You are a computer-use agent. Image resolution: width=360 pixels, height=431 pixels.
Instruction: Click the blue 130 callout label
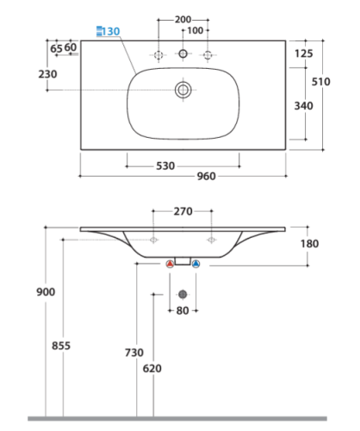coord(111,31)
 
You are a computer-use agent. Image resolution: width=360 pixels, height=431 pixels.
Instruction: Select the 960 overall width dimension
coord(206,176)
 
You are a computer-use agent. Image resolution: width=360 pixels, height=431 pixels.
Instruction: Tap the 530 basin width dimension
coord(165,166)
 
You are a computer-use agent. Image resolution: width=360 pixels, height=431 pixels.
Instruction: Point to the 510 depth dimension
coord(321,82)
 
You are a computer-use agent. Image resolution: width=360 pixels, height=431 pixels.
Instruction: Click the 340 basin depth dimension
coord(303,106)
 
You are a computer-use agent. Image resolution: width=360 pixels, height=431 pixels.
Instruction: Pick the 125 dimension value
coord(304,53)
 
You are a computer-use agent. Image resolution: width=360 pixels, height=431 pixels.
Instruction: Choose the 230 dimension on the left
coord(47,74)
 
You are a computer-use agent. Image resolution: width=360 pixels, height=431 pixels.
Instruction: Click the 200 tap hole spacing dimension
coord(183,20)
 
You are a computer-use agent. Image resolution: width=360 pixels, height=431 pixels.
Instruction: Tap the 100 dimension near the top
coord(195,30)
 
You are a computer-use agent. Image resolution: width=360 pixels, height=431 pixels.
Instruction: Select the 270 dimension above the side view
coord(183,211)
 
